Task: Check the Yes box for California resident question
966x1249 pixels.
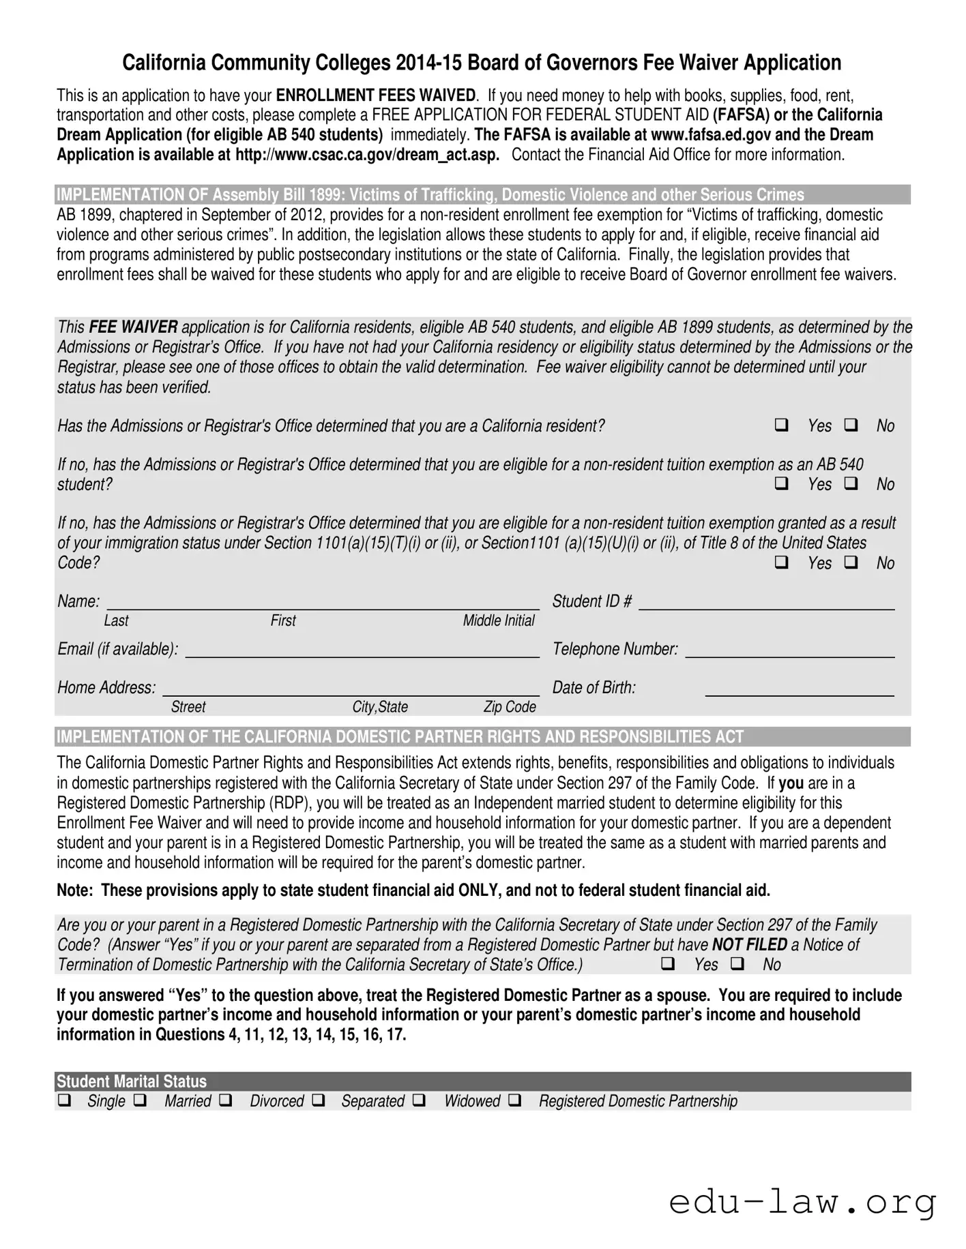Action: pos(782,425)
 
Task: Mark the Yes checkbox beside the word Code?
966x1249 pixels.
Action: pos(782,563)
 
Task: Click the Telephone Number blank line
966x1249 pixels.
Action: pos(789,650)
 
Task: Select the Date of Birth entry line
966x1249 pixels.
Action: pos(799,689)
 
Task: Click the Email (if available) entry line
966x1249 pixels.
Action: pos(362,650)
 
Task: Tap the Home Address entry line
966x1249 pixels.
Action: pos(351,689)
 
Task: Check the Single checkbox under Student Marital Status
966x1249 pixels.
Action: pos(64,1100)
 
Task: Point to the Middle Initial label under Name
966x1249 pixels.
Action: pos(499,620)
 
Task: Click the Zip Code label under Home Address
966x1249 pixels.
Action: pos(510,707)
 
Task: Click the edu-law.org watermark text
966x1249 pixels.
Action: pos(802,1203)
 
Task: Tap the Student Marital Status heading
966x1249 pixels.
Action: pos(132,1081)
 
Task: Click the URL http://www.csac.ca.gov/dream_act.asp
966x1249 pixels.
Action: pos(367,155)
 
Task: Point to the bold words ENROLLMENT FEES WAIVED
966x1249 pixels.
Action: pos(375,95)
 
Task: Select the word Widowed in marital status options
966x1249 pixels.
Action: pos(472,1101)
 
